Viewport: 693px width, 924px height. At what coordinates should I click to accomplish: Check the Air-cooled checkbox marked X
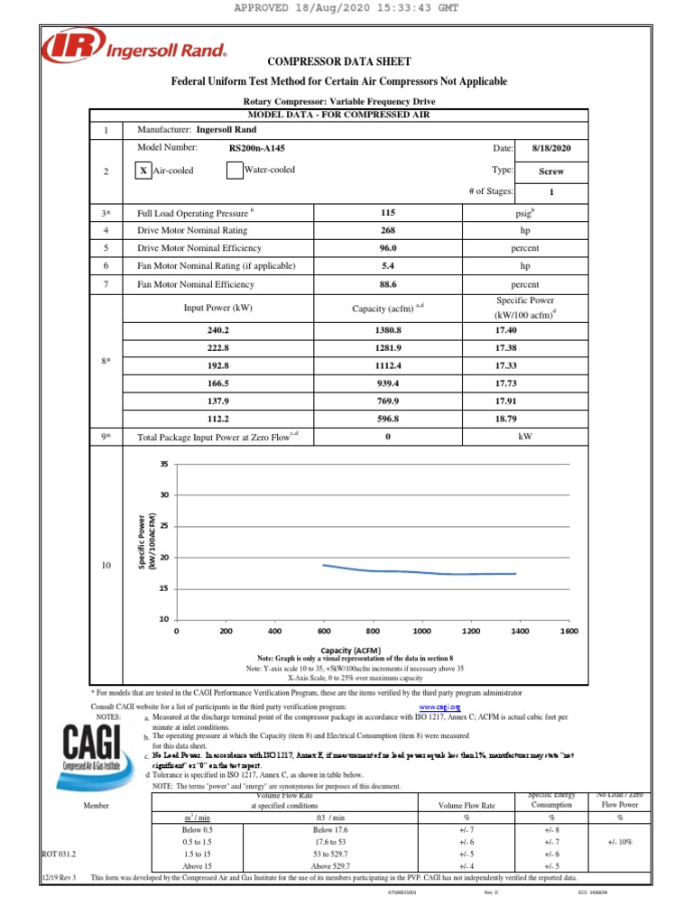pos(143,170)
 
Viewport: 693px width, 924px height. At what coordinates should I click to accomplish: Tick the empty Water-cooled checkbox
pos(234,170)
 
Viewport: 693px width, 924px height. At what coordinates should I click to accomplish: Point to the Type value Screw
pos(550,170)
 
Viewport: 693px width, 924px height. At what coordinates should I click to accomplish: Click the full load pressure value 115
pos(388,213)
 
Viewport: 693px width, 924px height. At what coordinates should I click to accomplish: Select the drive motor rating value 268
pos(388,230)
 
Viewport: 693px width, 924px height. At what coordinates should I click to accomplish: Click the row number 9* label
pos(106,437)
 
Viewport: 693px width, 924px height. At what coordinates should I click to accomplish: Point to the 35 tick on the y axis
pos(163,464)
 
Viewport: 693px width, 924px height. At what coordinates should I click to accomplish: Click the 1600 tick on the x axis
pos(568,632)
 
